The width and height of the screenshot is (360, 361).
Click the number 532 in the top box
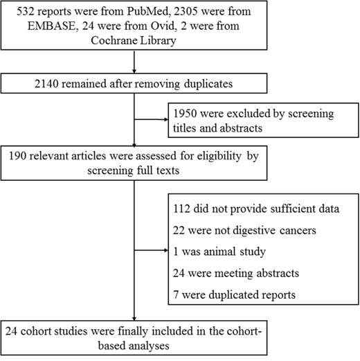coord(25,11)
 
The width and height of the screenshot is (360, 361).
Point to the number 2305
coord(186,11)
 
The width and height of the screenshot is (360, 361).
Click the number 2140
coord(46,84)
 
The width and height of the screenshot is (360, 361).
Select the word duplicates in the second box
coord(208,84)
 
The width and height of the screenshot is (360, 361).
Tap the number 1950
coord(185,114)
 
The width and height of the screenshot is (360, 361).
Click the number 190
coord(17,156)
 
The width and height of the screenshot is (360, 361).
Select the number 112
coord(181,209)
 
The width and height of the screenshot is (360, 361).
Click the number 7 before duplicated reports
coord(176,295)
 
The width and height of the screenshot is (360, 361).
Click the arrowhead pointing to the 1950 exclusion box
coord(166,119)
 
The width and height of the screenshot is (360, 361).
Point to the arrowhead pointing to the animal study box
coord(166,250)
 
